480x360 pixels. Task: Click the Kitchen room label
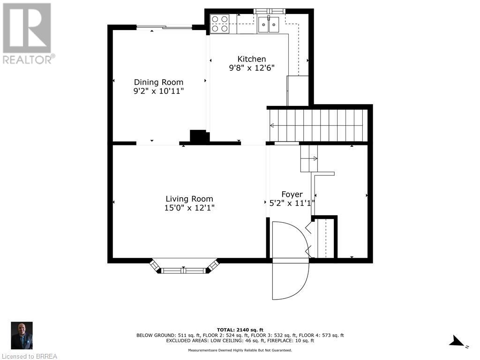[x=252, y=59]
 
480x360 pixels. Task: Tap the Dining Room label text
[x=158, y=82]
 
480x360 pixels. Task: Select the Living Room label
[x=189, y=199]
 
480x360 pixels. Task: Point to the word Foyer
[x=292, y=195]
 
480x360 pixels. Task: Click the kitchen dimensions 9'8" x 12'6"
[x=252, y=67]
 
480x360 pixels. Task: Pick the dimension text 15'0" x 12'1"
[x=189, y=208]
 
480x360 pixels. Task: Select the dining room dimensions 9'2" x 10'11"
[x=158, y=91]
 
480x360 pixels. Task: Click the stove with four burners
[x=219, y=24]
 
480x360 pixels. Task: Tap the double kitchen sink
[x=269, y=24]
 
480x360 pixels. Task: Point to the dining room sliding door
[x=165, y=28]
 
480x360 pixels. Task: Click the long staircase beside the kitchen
[x=318, y=125]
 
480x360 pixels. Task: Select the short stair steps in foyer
[x=309, y=158]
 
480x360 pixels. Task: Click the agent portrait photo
[x=22, y=336]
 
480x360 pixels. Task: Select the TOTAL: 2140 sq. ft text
[x=240, y=330]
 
